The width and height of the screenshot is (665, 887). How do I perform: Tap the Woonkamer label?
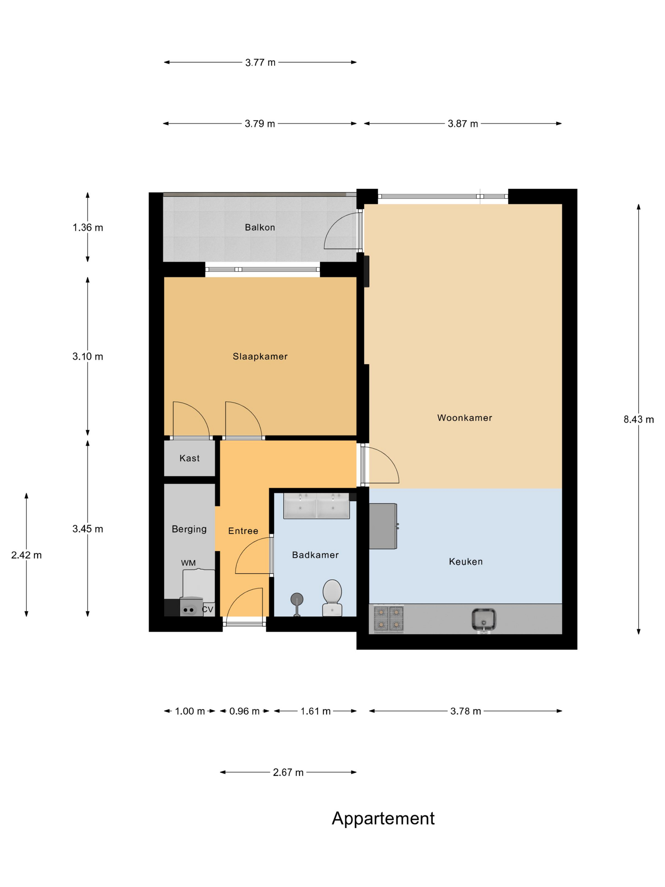[465, 418]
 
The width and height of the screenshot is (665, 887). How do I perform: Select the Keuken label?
[466, 562]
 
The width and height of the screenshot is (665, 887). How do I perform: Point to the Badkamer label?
[315, 555]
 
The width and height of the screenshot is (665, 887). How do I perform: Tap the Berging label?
[189, 529]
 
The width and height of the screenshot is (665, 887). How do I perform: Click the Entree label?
[243, 531]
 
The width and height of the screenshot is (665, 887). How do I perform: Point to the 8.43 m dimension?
[638, 419]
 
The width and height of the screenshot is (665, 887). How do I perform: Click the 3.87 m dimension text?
[463, 124]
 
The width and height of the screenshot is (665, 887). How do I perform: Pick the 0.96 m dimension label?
[244, 711]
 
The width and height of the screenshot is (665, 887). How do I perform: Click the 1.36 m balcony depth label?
[88, 227]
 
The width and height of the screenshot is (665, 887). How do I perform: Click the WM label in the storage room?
[188, 563]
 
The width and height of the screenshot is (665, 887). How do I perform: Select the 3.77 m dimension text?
[261, 62]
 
